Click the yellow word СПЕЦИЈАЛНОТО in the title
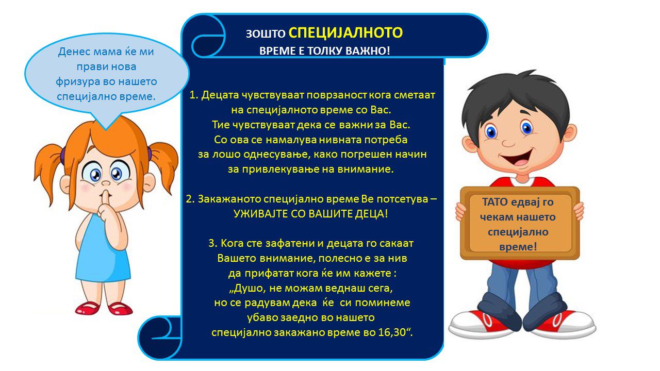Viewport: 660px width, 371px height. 345,32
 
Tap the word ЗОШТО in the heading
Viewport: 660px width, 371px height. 266,34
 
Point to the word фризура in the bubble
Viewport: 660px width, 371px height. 77,82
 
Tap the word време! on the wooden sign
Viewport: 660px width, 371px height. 518,247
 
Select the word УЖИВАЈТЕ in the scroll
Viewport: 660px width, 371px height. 261,214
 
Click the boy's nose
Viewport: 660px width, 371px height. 508,143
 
